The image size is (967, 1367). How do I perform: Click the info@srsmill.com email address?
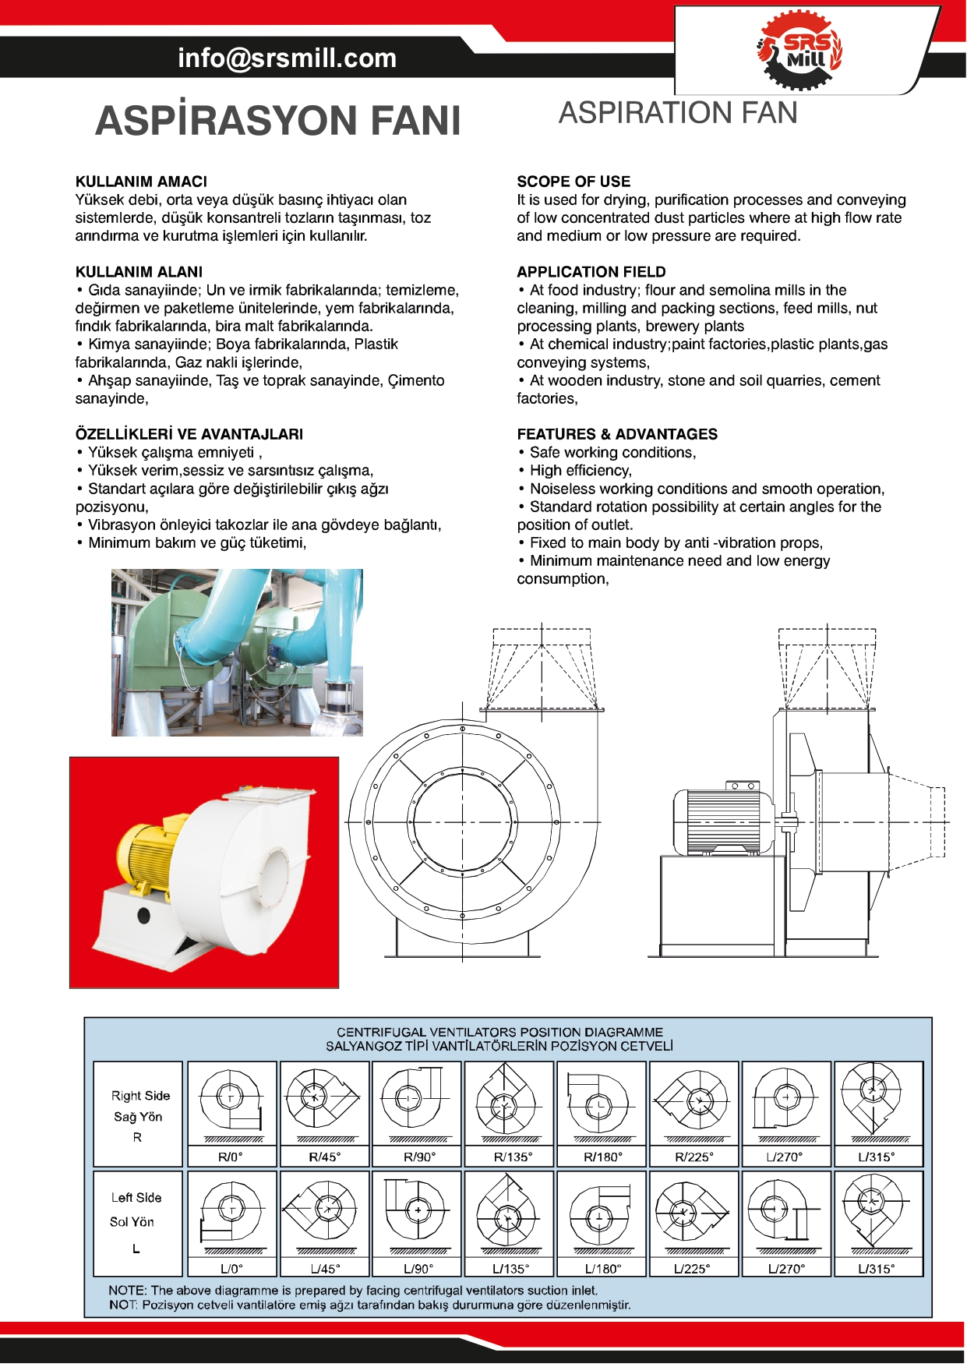coord(287,58)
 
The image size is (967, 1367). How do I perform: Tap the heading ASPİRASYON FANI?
coord(278,121)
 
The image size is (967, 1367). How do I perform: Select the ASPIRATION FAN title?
coord(678,113)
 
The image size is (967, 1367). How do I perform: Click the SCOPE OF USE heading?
coord(573,182)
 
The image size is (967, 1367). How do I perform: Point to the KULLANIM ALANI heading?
coord(139,272)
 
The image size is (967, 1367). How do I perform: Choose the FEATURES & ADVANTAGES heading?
coord(617,434)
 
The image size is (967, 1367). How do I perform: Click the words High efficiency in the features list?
coord(581,471)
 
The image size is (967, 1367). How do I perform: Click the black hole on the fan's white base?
coord(143,915)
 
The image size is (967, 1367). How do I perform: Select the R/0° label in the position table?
coord(231,1157)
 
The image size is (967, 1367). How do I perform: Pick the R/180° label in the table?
coord(603,1157)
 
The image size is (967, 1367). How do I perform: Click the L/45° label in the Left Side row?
coord(325,1268)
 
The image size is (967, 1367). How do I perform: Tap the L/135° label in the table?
coord(510,1268)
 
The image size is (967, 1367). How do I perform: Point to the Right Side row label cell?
coord(138,1114)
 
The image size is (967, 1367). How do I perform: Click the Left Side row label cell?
coord(138,1222)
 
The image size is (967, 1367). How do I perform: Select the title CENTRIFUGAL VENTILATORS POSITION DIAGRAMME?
coord(499,1032)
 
